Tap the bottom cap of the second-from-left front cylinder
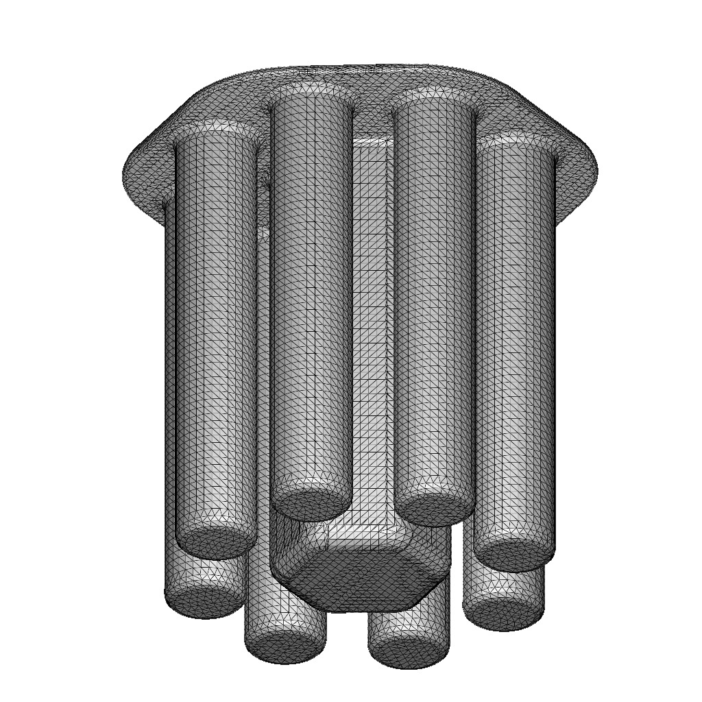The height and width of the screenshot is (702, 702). [312, 506]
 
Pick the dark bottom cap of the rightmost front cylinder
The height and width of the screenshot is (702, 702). [514, 555]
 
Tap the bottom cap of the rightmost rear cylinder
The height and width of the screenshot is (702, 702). [504, 616]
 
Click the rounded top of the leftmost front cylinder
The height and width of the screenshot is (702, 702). [216, 134]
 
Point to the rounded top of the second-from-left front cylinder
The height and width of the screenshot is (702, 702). [312, 96]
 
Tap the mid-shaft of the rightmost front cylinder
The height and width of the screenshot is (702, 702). [514, 343]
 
